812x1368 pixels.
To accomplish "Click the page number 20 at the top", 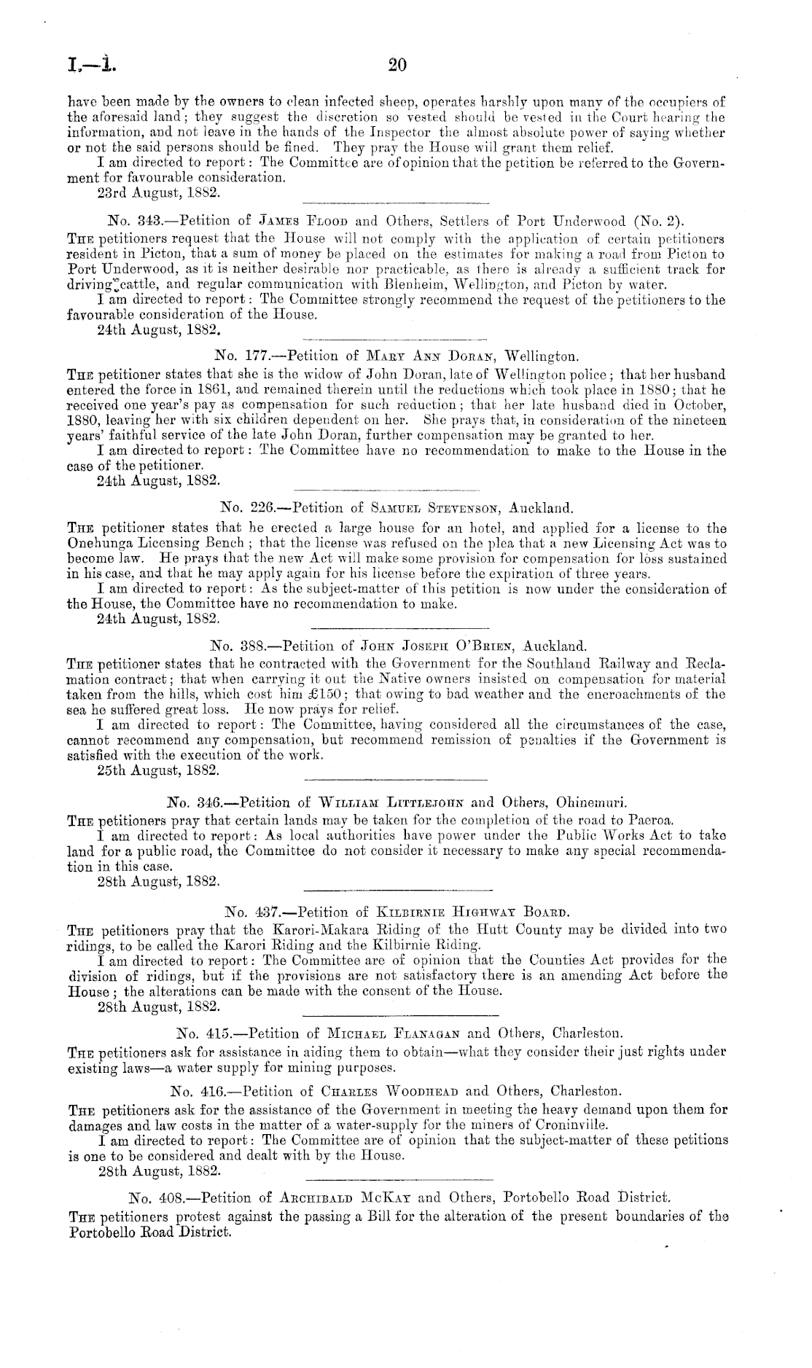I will click(x=397, y=66).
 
